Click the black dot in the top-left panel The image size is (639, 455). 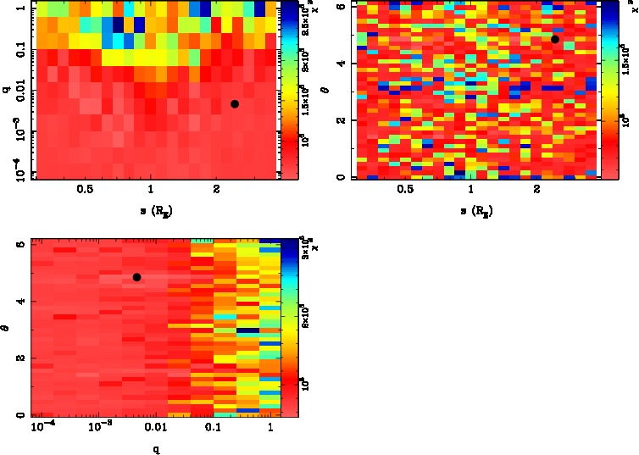[235, 103]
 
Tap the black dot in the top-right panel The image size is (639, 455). [555, 39]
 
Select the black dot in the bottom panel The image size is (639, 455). [136, 277]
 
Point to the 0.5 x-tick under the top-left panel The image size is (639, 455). [85, 190]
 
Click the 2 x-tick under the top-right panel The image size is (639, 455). [537, 190]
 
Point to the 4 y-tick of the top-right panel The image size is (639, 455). [341, 64]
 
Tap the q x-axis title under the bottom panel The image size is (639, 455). [156, 449]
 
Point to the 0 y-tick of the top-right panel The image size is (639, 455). [341, 177]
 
